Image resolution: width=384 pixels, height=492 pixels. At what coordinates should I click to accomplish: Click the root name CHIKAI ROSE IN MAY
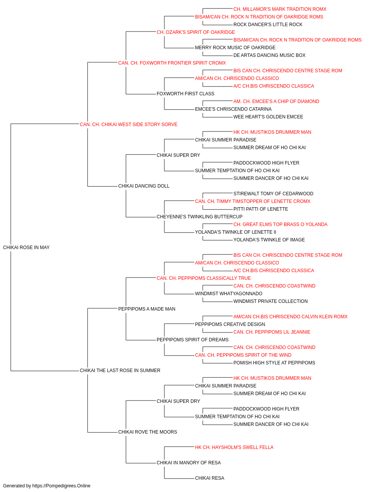coord(26,248)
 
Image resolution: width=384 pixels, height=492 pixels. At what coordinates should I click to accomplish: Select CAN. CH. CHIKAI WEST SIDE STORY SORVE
coord(129,125)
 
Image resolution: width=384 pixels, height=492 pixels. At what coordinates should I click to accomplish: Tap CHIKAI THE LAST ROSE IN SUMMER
coord(120,371)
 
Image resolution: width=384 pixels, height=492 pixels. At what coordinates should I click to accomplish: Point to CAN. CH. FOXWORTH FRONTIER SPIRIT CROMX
coord(172,63)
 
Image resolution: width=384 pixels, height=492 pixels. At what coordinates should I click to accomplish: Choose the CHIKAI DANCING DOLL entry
coord(144,186)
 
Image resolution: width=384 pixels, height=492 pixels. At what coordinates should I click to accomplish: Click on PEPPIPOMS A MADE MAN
coord(147,309)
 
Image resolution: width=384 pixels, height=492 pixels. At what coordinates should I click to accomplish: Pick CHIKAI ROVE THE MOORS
coord(147,432)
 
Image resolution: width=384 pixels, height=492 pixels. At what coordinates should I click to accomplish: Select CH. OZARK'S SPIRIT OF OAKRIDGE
coord(195,32)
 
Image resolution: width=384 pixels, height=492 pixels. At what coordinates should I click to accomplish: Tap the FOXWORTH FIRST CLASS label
coord(185,94)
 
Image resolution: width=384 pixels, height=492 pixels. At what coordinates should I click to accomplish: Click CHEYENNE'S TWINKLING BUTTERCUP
coord(199,217)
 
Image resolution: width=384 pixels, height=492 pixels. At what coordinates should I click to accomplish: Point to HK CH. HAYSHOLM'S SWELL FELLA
coord(234,447)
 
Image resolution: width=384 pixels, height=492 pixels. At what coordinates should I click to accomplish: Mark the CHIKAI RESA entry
coord(209,478)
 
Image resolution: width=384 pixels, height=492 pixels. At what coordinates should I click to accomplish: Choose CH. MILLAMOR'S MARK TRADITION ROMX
coord(280,9)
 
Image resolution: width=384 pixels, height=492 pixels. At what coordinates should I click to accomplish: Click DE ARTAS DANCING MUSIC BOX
coord(269,55)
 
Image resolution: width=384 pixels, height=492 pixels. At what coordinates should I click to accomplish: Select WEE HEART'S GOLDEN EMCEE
coord(268,117)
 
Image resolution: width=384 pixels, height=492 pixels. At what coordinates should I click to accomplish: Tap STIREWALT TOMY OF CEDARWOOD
coord(273,194)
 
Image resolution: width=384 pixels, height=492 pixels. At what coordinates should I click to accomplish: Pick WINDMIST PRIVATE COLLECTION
coord(270,301)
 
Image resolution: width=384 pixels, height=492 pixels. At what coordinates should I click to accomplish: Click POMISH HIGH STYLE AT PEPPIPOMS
coord(274,363)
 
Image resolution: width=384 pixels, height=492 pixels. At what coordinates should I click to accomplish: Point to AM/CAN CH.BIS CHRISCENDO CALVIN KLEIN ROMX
coord(290,317)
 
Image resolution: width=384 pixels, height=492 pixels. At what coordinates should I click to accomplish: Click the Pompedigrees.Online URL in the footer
coord(61,486)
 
